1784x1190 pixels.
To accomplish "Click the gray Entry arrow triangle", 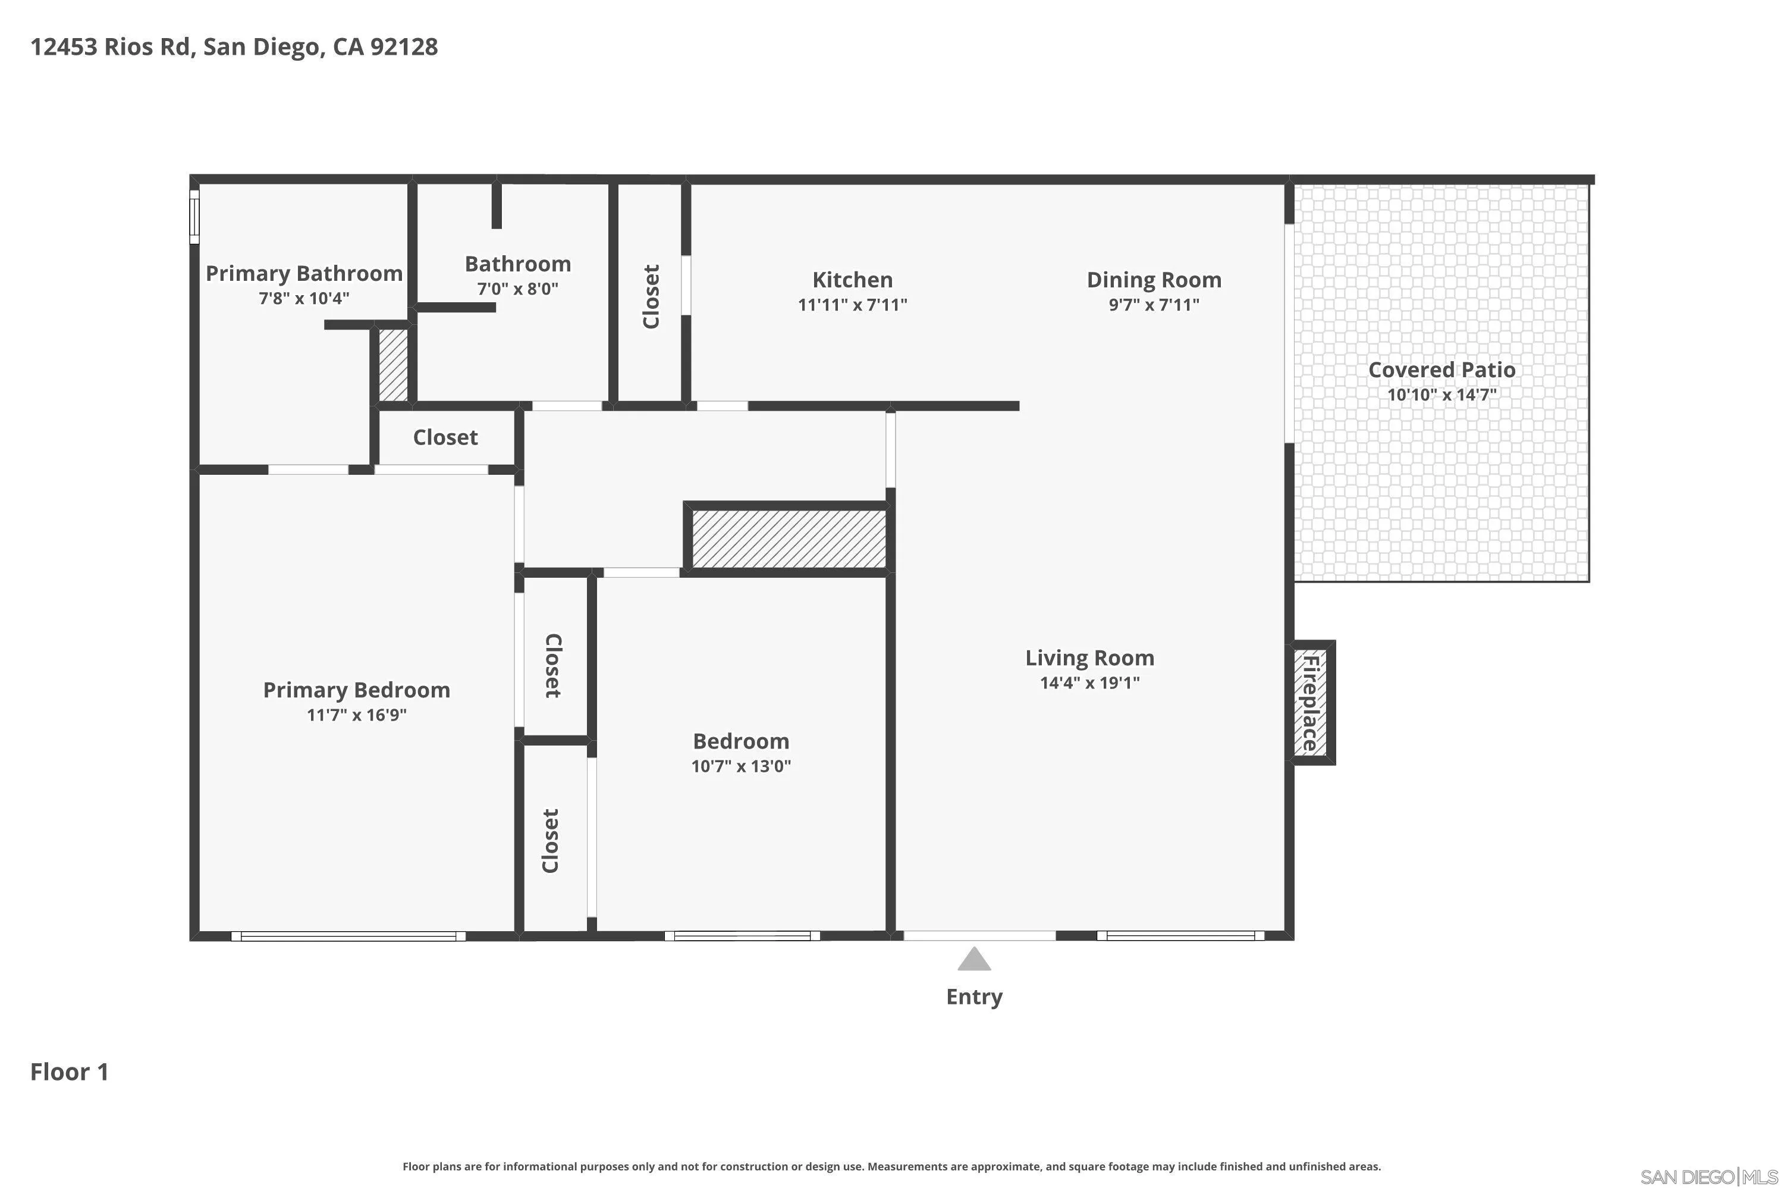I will point(974,960).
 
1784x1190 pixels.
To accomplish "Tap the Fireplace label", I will point(1311,703).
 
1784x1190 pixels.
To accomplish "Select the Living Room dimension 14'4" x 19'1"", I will point(1089,682).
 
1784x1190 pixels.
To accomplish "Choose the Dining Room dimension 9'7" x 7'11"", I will point(1153,304).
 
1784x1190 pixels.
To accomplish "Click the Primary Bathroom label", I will point(303,273).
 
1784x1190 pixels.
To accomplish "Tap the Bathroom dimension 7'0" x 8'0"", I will point(517,289).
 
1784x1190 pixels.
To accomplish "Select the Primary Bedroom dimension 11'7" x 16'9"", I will point(356,714).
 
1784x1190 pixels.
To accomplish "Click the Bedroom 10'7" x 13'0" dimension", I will point(740,766).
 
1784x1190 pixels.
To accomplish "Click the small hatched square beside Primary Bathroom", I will point(393,364).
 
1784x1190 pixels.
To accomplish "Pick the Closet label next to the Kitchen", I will point(651,296).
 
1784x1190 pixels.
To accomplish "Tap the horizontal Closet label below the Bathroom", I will point(445,437).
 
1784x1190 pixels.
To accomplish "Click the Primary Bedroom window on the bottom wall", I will point(348,936).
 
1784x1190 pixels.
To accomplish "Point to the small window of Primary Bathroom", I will point(194,217).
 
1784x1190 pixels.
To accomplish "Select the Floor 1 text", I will point(70,1072).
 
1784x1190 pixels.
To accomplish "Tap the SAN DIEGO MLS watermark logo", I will point(1710,1177).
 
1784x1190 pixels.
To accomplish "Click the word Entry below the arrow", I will point(974,997).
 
